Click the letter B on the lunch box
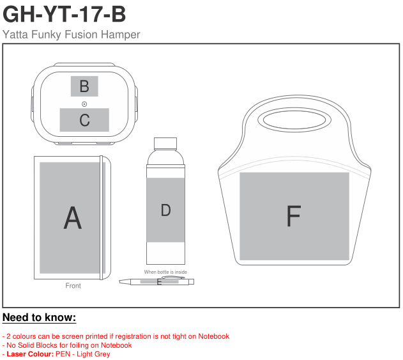point(84,86)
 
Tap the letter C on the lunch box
point(84,120)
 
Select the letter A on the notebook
point(73,217)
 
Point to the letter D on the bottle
point(166,210)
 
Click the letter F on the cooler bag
point(294,215)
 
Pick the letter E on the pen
point(159,282)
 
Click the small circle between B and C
point(84,104)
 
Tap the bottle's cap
point(165,144)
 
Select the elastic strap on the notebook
point(102,217)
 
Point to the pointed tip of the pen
point(119,281)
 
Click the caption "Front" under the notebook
point(73,286)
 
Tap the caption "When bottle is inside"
point(165,272)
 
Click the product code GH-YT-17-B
point(65,14)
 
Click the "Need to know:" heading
point(40,317)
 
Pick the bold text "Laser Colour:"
point(30,354)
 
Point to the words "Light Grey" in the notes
point(93,354)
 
